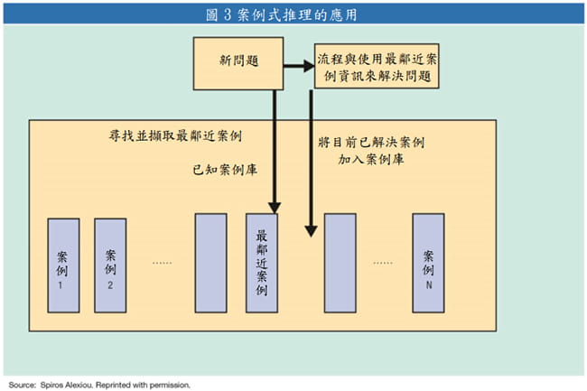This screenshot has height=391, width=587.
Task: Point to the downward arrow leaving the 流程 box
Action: point(311,163)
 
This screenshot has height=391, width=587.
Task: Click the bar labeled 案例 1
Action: point(61,265)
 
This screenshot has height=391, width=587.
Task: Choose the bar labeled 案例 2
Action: point(110,265)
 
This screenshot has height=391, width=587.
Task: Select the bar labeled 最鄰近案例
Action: point(261,263)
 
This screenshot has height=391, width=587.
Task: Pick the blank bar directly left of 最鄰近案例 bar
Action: point(210,263)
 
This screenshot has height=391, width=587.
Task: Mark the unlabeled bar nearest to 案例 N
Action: point(340,263)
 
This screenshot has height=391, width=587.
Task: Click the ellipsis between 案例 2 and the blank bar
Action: point(162,262)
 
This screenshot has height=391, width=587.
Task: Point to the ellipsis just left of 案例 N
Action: point(383,262)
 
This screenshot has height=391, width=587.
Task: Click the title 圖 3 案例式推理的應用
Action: point(293,14)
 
